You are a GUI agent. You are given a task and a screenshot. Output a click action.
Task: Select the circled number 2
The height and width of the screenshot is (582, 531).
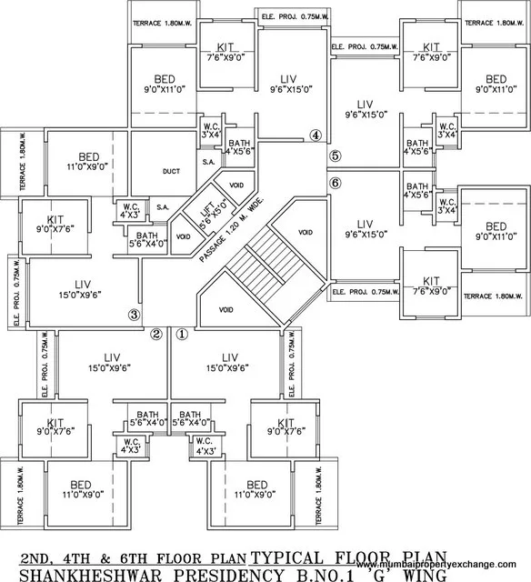pyautogui.click(x=156, y=334)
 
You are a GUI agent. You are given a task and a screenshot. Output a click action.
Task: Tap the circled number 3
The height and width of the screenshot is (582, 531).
pyautogui.click(x=134, y=316)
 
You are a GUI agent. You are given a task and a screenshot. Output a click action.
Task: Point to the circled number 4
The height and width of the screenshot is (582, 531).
pyautogui.click(x=316, y=136)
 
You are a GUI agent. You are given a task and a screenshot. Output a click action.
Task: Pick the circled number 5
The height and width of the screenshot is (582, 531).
pyautogui.click(x=336, y=156)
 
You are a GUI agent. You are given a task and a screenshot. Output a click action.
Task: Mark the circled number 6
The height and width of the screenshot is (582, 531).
pyautogui.click(x=336, y=183)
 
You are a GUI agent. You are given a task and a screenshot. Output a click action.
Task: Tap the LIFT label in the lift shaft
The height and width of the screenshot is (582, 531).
pyautogui.click(x=206, y=217)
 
